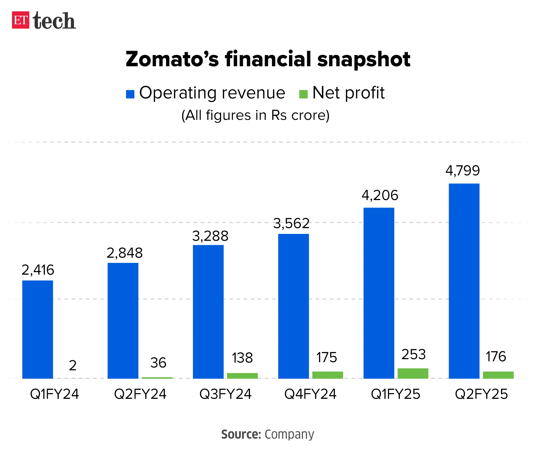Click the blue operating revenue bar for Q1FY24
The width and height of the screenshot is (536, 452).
pyautogui.click(x=38, y=329)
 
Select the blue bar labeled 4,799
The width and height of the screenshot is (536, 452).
pyautogui.click(x=464, y=281)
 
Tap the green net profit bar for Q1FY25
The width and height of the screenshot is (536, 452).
pyautogui.click(x=413, y=373)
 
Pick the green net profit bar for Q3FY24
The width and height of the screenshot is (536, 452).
pyautogui.click(x=242, y=376)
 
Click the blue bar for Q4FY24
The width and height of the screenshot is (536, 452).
pyautogui.click(x=293, y=306)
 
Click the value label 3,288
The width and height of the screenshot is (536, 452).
pyautogui.click(x=210, y=236)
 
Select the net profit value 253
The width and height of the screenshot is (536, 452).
pyautogui.click(x=413, y=355)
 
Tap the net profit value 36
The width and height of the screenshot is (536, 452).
pyautogui.click(x=158, y=363)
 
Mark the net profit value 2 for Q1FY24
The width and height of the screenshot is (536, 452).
pyautogui.click(x=73, y=366)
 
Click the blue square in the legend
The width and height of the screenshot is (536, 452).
pyautogui.click(x=130, y=94)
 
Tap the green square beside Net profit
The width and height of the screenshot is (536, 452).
pyautogui.click(x=303, y=94)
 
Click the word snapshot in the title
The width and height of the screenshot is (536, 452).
pyautogui.click(x=364, y=59)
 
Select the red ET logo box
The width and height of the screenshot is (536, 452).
pyautogui.click(x=21, y=20)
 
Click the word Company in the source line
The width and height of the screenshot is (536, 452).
pyautogui.click(x=289, y=434)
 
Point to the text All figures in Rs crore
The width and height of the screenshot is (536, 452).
pyautogui.click(x=255, y=115)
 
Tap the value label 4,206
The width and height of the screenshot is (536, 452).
pyautogui.click(x=380, y=196)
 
